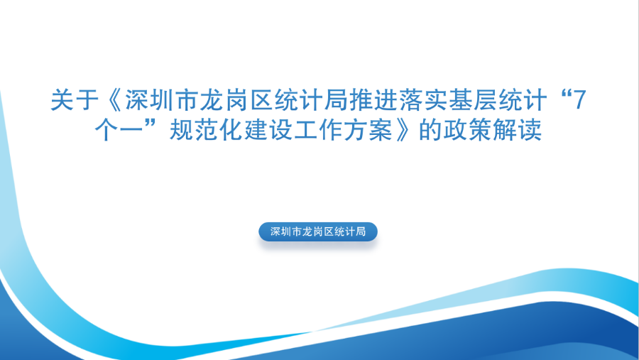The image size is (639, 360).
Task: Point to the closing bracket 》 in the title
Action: [x=403, y=130]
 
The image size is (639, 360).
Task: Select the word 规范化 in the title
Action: [x=207, y=130]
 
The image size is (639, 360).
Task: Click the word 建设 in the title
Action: [x=268, y=130]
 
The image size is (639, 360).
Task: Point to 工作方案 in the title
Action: [x=343, y=130]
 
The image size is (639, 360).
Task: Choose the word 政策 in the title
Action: [x=467, y=130]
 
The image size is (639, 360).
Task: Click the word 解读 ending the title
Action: [x=517, y=130]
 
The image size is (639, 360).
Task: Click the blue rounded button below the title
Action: [x=318, y=231]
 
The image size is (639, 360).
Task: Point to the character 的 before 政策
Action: [x=430, y=130]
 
